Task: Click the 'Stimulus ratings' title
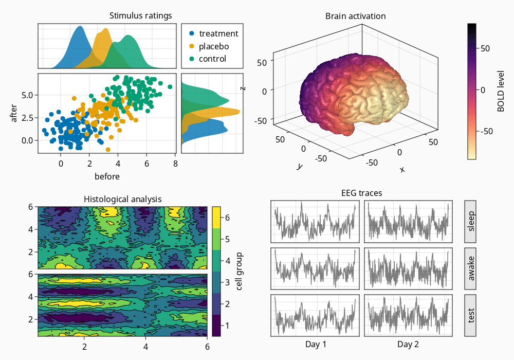tap(140, 15)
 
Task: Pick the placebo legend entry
tap(214, 46)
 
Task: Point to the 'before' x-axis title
tap(107, 176)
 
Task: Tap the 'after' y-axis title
tap(14, 113)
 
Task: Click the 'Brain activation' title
tap(356, 16)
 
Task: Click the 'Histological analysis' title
tap(122, 199)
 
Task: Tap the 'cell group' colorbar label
tap(239, 271)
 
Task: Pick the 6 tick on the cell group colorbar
tap(227, 218)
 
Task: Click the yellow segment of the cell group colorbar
tap(216, 214)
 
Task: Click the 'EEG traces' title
tap(361, 193)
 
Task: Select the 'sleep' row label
tap(471, 221)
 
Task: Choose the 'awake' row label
tap(471, 268)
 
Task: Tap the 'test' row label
tap(471, 315)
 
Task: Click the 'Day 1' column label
tap(316, 344)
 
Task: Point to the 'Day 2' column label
tap(408, 344)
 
